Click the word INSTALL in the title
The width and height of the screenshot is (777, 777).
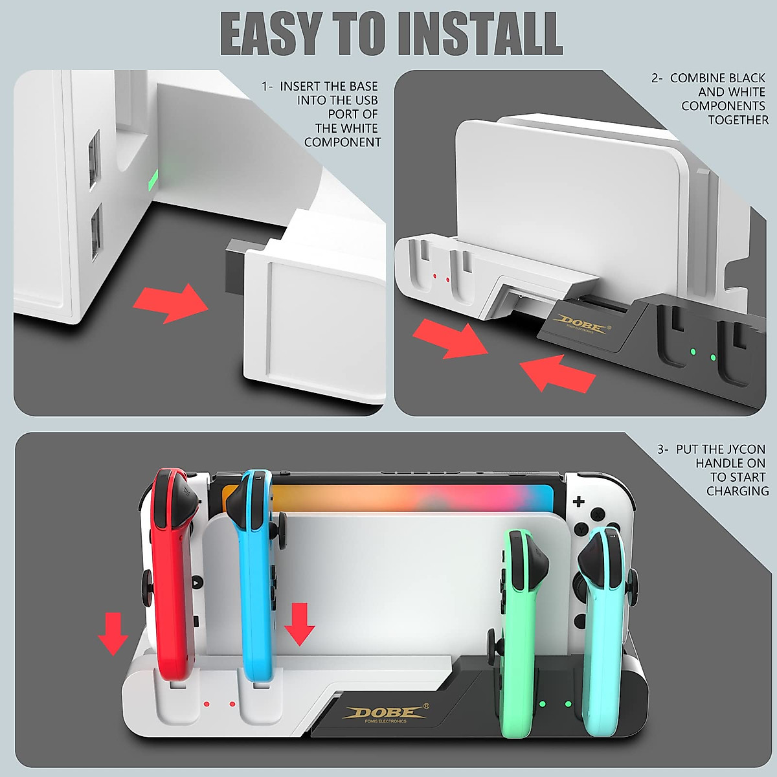[x=480, y=34]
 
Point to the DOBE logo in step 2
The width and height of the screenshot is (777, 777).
[x=583, y=322]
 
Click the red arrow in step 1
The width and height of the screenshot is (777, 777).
[x=171, y=302]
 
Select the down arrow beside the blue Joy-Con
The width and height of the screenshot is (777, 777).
[x=299, y=623]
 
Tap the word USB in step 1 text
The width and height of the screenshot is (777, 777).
[x=366, y=100]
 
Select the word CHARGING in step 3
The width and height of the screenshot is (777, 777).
[x=738, y=491]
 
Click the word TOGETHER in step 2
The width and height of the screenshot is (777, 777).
[x=738, y=120]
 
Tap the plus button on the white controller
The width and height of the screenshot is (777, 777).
[x=578, y=501]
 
